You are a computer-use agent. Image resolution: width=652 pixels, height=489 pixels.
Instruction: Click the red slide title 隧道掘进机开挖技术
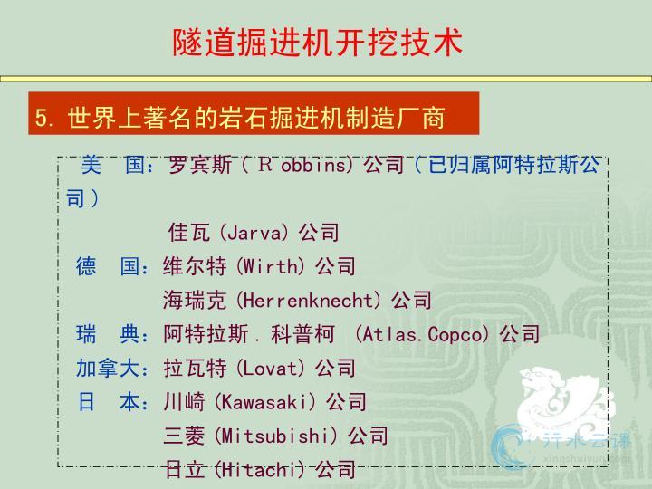tap(318, 43)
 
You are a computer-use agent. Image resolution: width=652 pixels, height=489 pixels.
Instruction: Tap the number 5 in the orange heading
tap(41, 118)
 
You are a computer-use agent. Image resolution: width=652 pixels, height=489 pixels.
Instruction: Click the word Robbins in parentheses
tap(302, 165)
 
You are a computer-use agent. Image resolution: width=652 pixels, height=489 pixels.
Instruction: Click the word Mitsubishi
tap(275, 436)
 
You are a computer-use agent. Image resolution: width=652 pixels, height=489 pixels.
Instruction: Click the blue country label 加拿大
tap(107, 369)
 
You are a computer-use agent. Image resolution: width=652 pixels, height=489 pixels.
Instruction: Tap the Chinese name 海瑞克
tap(195, 301)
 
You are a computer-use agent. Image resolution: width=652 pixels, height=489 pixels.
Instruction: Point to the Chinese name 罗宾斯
tap(200, 165)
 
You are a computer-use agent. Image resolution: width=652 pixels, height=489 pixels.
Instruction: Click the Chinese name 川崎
tap(184, 402)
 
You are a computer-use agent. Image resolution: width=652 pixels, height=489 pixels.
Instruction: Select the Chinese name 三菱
tap(184, 436)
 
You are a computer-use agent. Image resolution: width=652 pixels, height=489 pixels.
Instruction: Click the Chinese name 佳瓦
tap(189, 233)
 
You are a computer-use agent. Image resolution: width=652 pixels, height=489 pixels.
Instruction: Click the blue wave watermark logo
tap(508, 445)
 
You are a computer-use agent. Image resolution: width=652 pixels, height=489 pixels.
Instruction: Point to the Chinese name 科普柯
tap(302, 334)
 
